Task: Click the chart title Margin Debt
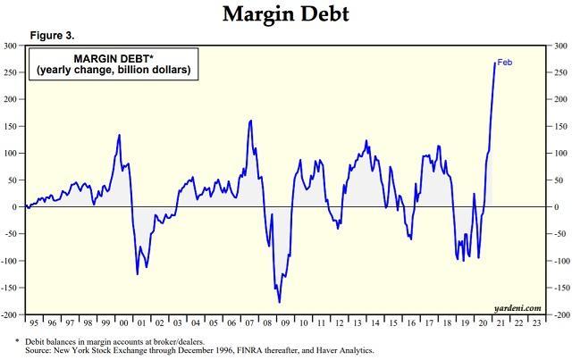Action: point(285,14)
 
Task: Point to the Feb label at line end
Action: point(505,62)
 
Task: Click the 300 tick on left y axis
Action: point(12,45)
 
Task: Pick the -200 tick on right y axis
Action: point(560,315)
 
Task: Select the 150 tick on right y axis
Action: point(559,126)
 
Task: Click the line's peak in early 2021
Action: point(494,63)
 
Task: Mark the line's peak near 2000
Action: point(120,135)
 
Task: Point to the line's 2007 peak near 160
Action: point(250,121)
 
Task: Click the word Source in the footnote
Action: point(42,351)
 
